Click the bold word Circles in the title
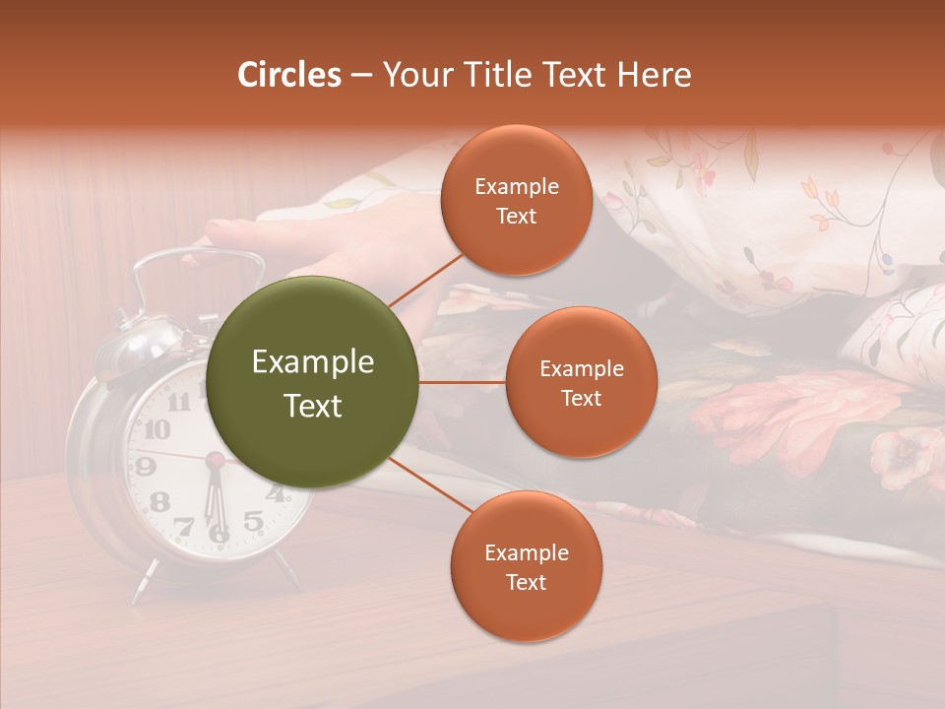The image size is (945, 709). (x=289, y=75)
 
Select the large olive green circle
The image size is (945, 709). (x=313, y=382)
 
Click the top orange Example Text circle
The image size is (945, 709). (x=516, y=200)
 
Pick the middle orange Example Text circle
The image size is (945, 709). (x=581, y=382)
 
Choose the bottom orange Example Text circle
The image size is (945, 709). (x=526, y=566)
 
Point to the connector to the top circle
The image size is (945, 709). (x=425, y=281)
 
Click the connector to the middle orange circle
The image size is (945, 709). (x=463, y=382)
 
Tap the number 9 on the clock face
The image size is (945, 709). (x=145, y=466)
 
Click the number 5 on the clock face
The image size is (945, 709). (x=253, y=521)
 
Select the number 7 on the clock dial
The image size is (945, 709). (x=184, y=527)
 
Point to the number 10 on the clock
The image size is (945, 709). (x=156, y=429)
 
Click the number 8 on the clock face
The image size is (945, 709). (x=158, y=501)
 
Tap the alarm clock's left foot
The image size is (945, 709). (x=143, y=584)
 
